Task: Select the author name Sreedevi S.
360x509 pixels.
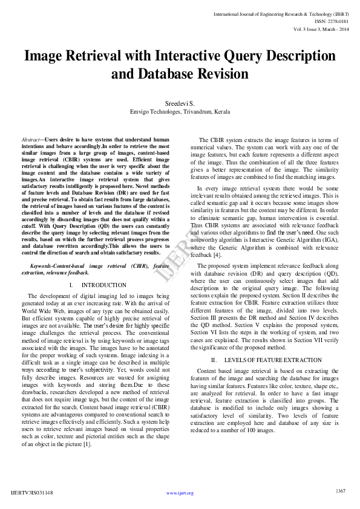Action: coord(180,103)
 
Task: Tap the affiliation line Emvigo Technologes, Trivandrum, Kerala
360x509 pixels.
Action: coord(180,112)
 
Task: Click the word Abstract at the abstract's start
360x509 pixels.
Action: coord(30,139)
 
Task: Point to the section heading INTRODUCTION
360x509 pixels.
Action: coord(103,285)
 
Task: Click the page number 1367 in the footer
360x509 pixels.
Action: coord(340,490)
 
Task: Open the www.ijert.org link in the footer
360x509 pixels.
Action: coord(180,493)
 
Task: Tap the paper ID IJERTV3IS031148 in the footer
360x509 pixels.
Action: coord(32,493)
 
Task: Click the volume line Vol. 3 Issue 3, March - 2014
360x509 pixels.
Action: coord(320,28)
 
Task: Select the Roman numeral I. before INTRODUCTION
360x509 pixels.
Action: coord(71,285)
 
